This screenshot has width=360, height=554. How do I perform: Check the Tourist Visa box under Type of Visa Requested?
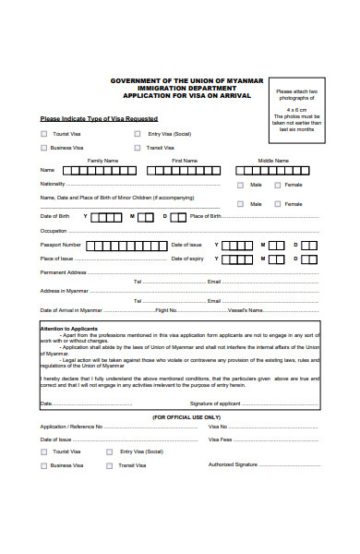[43, 134]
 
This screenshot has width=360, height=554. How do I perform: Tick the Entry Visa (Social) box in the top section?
[139, 134]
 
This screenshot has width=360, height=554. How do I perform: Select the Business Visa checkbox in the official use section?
[43, 465]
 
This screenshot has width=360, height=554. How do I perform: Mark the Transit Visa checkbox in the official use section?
[110, 465]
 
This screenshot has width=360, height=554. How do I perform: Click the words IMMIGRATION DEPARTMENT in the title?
[179, 88]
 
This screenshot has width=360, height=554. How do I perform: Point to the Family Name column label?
[102, 161]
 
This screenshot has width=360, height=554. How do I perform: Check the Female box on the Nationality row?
[277, 185]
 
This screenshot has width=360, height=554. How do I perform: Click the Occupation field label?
[54, 230]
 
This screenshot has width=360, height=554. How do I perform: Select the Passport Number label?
[61, 245]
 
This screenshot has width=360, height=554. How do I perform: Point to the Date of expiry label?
[187, 259]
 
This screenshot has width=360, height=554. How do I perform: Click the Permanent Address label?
[64, 273]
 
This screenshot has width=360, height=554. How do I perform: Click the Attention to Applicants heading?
[70, 328]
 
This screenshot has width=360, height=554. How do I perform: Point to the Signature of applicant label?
[215, 403]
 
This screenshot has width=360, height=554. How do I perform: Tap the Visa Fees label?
[219, 440]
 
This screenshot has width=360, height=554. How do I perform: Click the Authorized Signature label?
[234, 465]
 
